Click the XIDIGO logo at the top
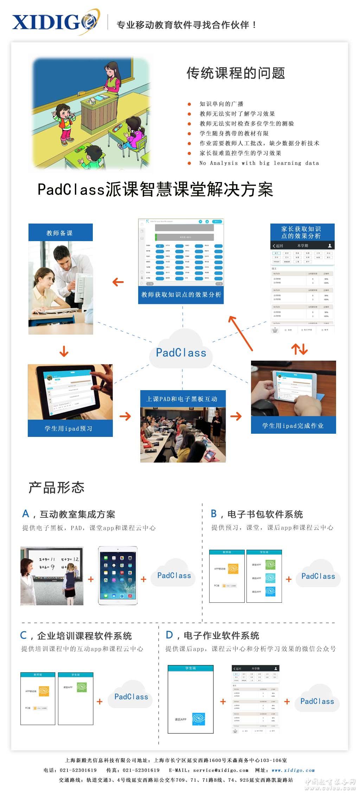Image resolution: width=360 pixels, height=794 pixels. tap(54, 22)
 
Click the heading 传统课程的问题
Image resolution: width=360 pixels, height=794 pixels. tap(236, 73)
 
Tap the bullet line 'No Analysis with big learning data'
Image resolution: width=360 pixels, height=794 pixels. tap(259, 163)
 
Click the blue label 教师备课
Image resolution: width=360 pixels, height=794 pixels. tap(60, 233)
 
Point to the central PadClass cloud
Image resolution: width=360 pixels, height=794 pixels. tap(181, 351)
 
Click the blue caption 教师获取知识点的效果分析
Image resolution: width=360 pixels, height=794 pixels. tap(181, 295)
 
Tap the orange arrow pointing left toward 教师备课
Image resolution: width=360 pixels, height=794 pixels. tap(118, 282)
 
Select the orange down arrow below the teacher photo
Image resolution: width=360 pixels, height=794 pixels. tap(64, 351)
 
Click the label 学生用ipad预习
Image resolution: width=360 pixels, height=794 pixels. tap(70, 428)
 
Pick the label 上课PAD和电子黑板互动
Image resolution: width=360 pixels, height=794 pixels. tap(182, 399)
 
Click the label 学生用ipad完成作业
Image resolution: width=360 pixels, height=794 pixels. tap(293, 426)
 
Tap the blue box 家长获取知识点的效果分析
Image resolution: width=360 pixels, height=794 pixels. tap(302, 232)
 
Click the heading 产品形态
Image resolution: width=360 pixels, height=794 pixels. tap(56, 488)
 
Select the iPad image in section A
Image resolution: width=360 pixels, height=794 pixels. tap(118, 576)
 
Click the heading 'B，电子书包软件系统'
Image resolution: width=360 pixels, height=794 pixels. tap(257, 514)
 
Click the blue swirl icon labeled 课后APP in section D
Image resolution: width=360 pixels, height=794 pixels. tap(199, 719)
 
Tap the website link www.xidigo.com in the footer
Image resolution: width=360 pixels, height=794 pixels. tap(293, 770)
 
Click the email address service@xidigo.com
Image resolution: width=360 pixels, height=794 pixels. tap(220, 770)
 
